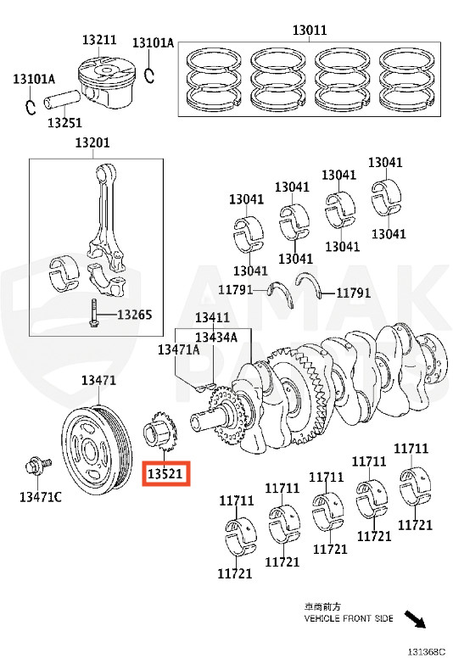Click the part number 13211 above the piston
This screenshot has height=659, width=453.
99,40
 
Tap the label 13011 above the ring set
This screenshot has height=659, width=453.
309,31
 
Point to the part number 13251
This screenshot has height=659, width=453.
64,122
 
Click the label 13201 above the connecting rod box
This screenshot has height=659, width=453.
92,142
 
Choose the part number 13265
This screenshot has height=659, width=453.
134,315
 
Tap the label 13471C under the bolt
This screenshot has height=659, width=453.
41,496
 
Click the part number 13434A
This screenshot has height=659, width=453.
216,337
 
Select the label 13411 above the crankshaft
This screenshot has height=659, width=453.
212,318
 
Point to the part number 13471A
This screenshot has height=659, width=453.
178,349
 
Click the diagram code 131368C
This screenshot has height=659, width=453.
422,651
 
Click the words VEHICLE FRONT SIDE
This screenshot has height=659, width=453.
348,619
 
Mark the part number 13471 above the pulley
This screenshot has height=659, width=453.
98,381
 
